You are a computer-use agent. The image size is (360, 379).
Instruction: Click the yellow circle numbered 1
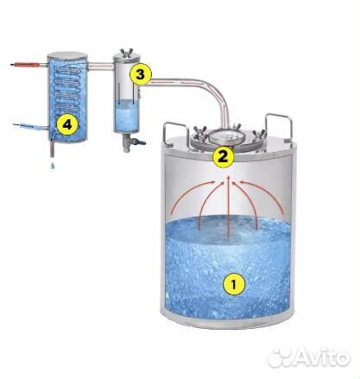coord(234,284)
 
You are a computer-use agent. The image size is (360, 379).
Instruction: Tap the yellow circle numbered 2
coord(223,157)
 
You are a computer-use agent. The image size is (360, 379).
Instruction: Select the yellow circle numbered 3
coord(140,75)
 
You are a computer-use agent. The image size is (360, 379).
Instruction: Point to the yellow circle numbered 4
coord(67,125)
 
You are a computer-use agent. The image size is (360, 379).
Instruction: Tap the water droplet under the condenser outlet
coord(53,165)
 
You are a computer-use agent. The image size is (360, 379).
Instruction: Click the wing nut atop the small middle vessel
coord(127,53)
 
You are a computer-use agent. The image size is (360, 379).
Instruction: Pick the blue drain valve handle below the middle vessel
coord(141,142)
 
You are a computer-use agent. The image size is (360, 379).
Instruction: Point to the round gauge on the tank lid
coord(227,136)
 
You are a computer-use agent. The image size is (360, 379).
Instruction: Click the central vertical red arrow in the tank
coord(228,206)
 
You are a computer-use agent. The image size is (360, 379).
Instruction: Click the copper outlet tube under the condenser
coord(53,148)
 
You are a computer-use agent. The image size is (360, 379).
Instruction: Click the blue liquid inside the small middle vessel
coord(126,116)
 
